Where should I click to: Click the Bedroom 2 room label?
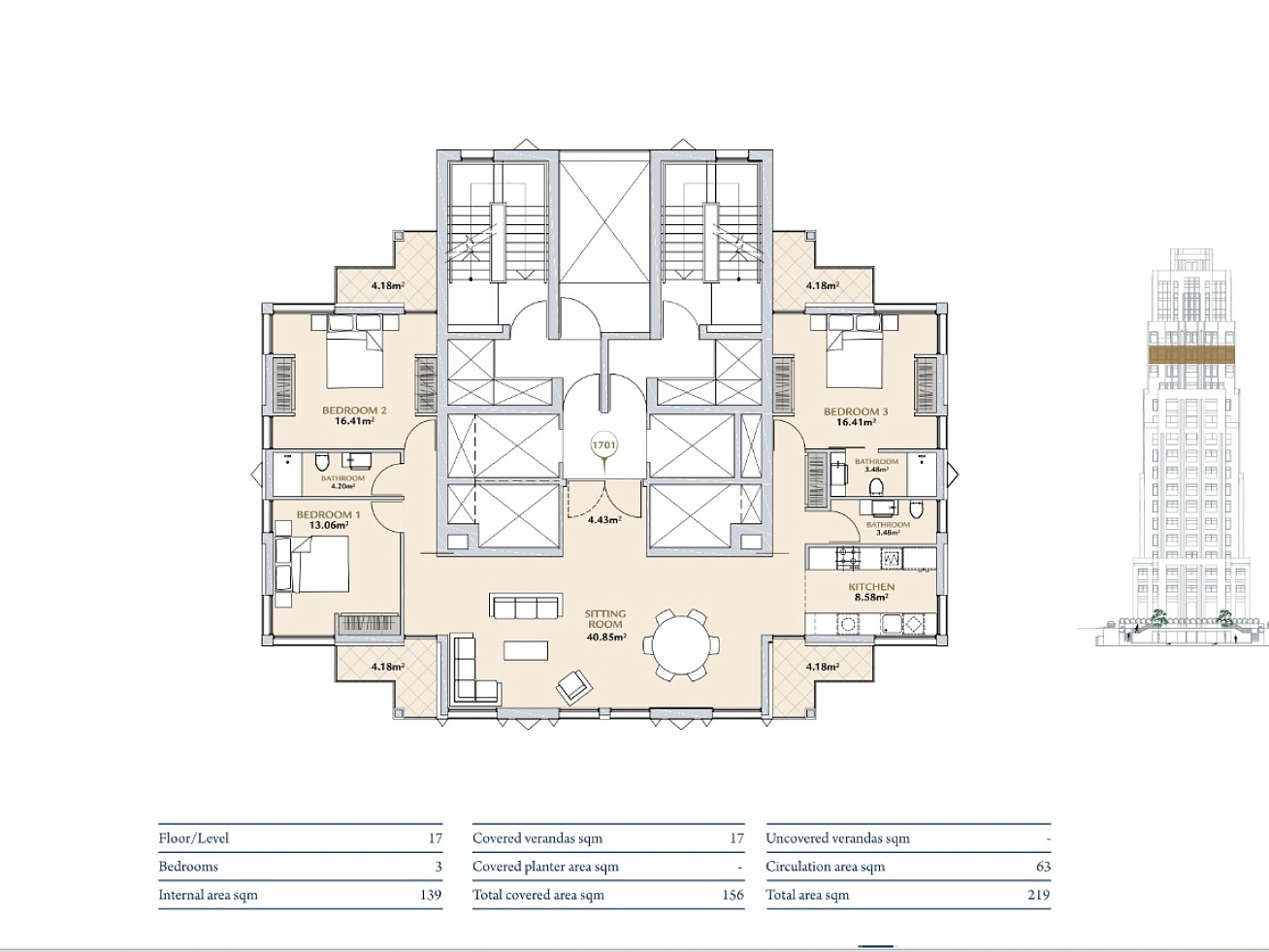click(x=354, y=410)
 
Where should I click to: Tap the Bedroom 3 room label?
click(x=856, y=411)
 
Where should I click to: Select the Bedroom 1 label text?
click(x=328, y=514)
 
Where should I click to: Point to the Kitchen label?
click(x=871, y=587)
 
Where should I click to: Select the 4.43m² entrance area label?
click(x=604, y=519)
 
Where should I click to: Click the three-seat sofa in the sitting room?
click(x=526, y=606)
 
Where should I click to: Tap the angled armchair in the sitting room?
click(x=574, y=687)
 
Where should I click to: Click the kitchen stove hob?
click(x=848, y=558)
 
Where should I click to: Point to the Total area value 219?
click(x=1038, y=895)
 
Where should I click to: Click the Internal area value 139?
click(x=430, y=895)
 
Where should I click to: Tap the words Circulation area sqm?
click(x=825, y=867)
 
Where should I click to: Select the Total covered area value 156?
click(x=732, y=895)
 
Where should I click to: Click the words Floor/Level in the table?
click(x=194, y=838)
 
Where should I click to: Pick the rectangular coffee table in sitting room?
click(x=526, y=650)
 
